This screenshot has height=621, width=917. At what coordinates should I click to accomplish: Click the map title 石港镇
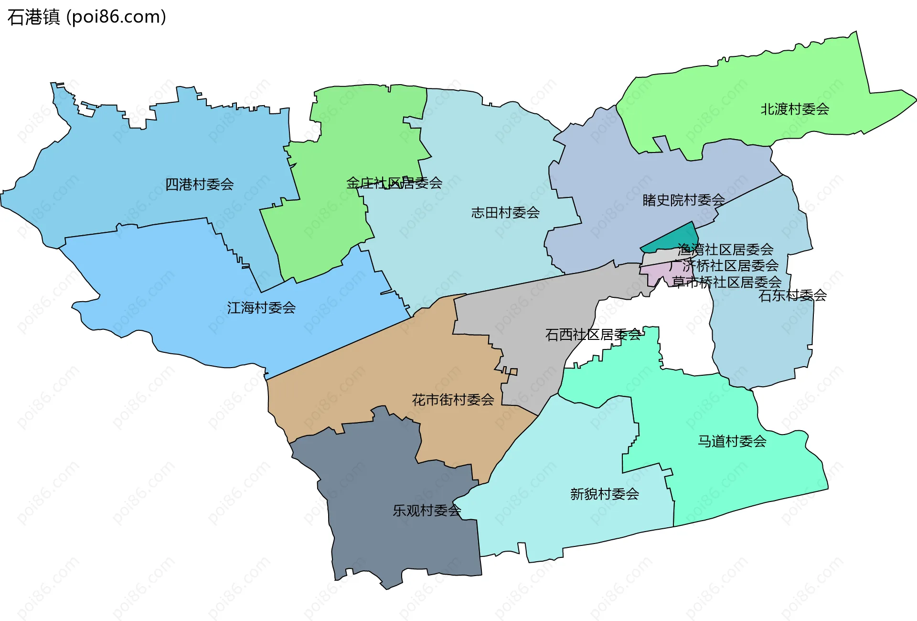tap(33, 17)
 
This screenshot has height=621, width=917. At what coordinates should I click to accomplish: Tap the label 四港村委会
tap(199, 185)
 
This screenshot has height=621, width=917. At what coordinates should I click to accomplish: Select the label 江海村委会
tap(261, 308)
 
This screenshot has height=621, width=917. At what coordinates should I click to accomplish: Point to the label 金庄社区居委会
tap(394, 183)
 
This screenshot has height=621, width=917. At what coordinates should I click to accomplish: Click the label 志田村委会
tap(505, 213)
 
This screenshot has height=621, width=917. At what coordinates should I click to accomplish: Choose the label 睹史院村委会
tap(683, 200)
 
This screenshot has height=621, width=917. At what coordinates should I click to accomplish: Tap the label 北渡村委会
tap(795, 109)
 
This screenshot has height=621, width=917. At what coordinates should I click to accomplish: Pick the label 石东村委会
tap(792, 295)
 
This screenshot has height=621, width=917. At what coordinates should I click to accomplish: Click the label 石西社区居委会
tap(593, 335)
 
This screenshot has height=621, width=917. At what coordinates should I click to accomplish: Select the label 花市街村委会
tap(453, 400)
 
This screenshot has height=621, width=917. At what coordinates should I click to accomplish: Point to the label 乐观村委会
tap(427, 511)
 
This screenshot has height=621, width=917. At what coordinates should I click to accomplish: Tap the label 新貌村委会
tap(604, 494)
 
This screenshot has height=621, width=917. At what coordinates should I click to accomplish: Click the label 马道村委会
tap(732, 441)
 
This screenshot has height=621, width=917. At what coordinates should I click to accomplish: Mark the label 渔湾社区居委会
tap(725, 250)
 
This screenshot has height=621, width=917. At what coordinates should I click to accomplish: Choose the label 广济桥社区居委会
tap(724, 265)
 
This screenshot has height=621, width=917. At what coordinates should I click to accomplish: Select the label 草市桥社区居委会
tap(726, 282)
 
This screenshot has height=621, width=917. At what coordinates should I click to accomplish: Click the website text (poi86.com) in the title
tap(116, 17)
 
